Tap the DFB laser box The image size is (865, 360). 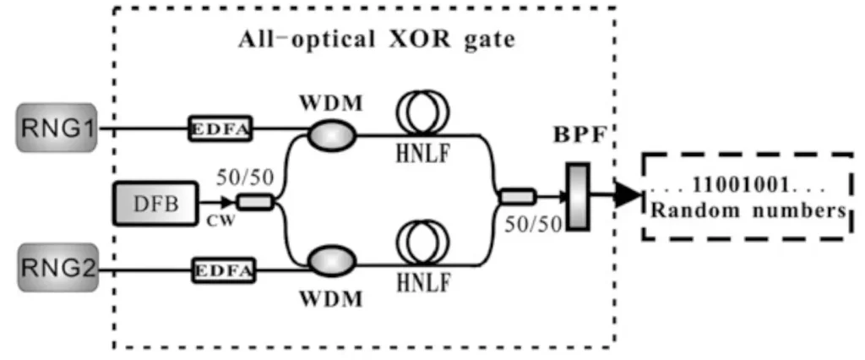tap(154, 203)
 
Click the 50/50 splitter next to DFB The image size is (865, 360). tap(253, 203)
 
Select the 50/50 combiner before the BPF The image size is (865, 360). tap(513, 196)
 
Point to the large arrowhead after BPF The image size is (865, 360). tap(626, 196)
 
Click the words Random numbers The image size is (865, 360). tap(746, 210)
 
